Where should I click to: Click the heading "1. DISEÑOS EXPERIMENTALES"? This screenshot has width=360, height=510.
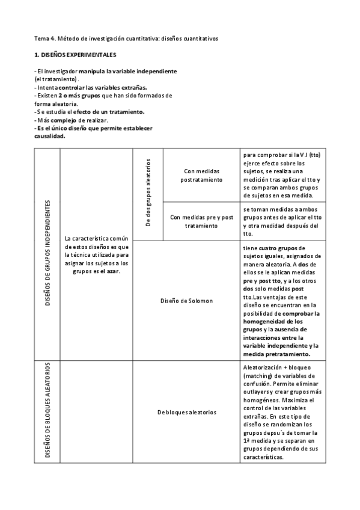point(75,55)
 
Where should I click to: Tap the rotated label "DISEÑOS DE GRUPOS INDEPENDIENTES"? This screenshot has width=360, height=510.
point(47,254)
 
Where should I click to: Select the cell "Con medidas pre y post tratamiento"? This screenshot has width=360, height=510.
point(201,221)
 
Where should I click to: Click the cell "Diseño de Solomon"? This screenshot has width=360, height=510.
point(186,300)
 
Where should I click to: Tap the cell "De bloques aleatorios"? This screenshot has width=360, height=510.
point(186,412)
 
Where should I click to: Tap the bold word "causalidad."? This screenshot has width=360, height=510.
point(50,136)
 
